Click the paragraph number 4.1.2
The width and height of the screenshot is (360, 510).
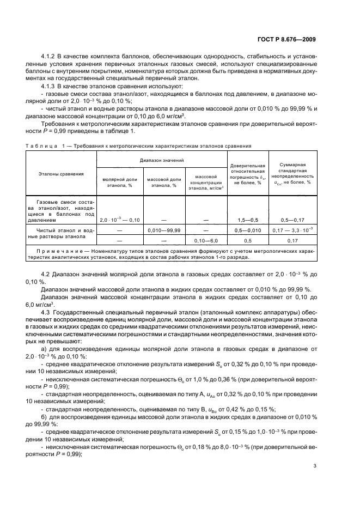click(51, 57)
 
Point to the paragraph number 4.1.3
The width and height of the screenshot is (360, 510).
click(51, 87)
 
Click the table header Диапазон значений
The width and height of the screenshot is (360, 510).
click(162, 161)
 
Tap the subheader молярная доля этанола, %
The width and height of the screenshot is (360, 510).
click(120, 182)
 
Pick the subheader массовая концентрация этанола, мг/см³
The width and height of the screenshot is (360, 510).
click(206, 182)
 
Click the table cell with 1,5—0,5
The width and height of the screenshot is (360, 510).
click(248, 220)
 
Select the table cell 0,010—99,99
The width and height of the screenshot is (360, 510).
click(164, 230)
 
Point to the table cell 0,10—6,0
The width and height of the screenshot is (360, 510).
click(206, 240)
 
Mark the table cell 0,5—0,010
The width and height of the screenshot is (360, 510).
click(248, 230)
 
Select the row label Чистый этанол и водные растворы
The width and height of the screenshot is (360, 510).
click(61, 234)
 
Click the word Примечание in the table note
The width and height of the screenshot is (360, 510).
click(54, 250)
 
